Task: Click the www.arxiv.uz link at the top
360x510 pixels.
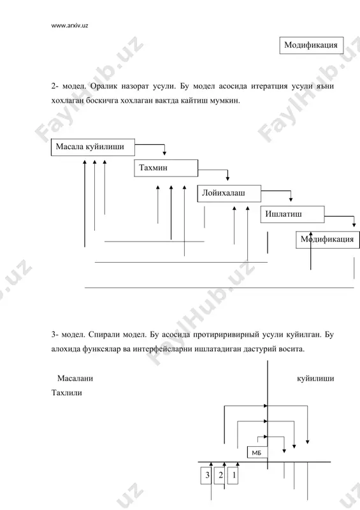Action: (x=69, y=25)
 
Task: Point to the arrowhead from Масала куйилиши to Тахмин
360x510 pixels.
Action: (x=164, y=153)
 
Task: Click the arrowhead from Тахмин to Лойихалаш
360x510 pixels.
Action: (x=227, y=178)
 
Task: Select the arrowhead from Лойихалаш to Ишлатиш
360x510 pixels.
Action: (x=291, y=200)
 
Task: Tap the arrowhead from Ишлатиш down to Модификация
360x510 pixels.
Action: (x=354, y=225)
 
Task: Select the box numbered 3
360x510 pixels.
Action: (x=206, y=476)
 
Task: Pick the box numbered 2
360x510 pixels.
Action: (x=220, y=476)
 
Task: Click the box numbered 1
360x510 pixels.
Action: (x=233, y=476)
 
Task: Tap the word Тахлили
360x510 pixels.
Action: (x=67, y=393)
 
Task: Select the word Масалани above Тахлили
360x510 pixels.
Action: (x=75, y=378)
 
